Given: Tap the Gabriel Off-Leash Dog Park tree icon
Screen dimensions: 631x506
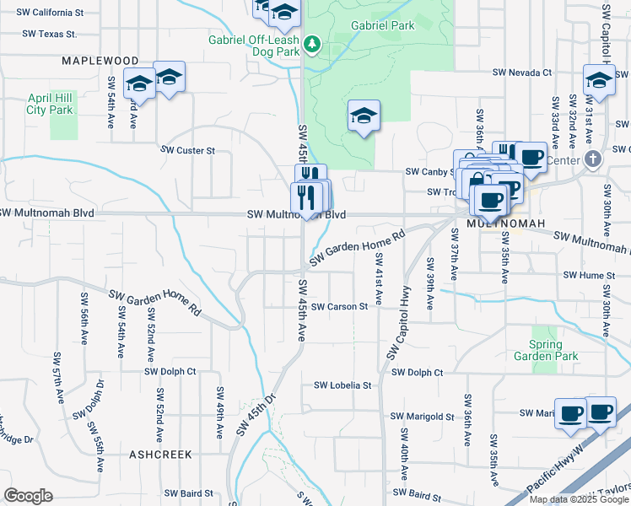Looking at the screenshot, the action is tap(312, 42).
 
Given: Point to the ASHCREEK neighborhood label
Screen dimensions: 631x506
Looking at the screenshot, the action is tap(160, 454).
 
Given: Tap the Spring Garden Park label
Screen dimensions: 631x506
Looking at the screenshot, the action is tap(553, 350).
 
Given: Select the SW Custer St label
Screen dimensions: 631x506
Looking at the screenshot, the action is tap(189, 150).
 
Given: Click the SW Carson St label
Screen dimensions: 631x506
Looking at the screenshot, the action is tap(339, 307).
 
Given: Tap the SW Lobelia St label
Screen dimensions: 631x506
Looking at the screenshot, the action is tap(342, 385).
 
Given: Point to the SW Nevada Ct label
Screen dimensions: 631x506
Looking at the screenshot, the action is tap(523, 73).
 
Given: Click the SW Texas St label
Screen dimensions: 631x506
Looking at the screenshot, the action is tap(49, 35).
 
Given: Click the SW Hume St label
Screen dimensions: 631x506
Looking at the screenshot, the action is tap(591, 275).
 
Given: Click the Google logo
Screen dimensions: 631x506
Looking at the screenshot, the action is tap(28, 495).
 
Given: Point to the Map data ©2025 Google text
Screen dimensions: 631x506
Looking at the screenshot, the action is tap(578, 499).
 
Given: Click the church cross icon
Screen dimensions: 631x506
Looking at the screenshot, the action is tap(593, 159).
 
